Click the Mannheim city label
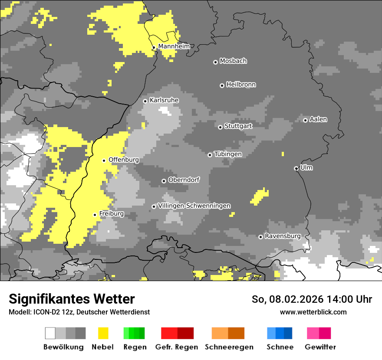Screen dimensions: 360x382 click(174, 46)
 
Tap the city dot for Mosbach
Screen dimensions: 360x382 click(215, 62)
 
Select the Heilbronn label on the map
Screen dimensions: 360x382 click(241, 85)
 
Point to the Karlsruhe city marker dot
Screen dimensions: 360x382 click(145, 101)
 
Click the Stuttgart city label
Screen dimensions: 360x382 click(238, 126)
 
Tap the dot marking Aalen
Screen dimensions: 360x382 click(305, 120)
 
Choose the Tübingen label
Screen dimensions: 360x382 click(228, 154)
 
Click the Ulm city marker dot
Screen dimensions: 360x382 click(296, 168)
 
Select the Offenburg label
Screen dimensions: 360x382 click(124, 160)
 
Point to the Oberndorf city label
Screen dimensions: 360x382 click(184, 180)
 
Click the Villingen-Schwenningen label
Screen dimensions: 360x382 click(194, 206)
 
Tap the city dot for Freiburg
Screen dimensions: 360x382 click(95, 215)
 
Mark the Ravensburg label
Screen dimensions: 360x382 click(283, 236)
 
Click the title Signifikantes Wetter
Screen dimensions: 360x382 click(72, 299)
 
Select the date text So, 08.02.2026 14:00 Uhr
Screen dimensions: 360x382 click(312, 299)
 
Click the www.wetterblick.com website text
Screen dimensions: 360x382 click(313, 312)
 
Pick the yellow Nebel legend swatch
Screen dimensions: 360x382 click(103, 333)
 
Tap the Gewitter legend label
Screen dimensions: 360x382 click(320, 347)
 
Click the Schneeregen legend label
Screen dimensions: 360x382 click(229, 347)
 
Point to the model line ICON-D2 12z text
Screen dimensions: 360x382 click(79, 312)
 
